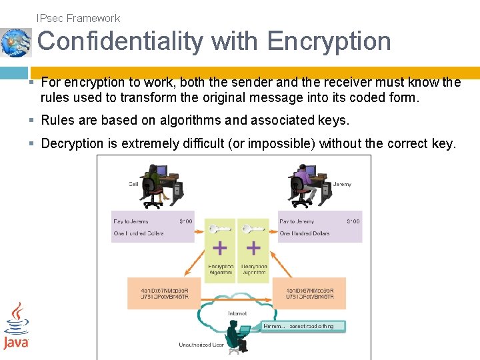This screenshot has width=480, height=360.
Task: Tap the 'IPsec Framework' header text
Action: pos(79,18)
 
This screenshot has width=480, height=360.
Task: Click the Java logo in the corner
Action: pos(16,326)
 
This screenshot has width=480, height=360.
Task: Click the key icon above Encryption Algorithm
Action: pos(218,229)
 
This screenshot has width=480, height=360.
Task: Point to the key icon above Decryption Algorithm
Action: pos(253,229)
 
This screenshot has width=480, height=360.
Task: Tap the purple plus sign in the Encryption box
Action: pos(219,249)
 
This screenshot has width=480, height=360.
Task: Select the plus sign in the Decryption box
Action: pos(253,249)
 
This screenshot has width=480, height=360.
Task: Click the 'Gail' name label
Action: pos(134,184)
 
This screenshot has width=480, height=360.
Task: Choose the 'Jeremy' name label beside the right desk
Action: pos(342,184)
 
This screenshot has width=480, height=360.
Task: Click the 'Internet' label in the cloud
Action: pos(237,313)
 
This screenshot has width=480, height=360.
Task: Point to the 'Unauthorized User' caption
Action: pos(201,345)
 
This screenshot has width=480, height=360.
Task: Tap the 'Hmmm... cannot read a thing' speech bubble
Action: pos(303,327)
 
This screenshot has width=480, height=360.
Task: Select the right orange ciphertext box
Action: pos(310,293)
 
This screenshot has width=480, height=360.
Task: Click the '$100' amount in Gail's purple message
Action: pos(185,221)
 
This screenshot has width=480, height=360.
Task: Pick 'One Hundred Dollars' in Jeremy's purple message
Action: pos(305,233)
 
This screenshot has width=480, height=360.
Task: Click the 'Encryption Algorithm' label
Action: pos(221,269)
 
